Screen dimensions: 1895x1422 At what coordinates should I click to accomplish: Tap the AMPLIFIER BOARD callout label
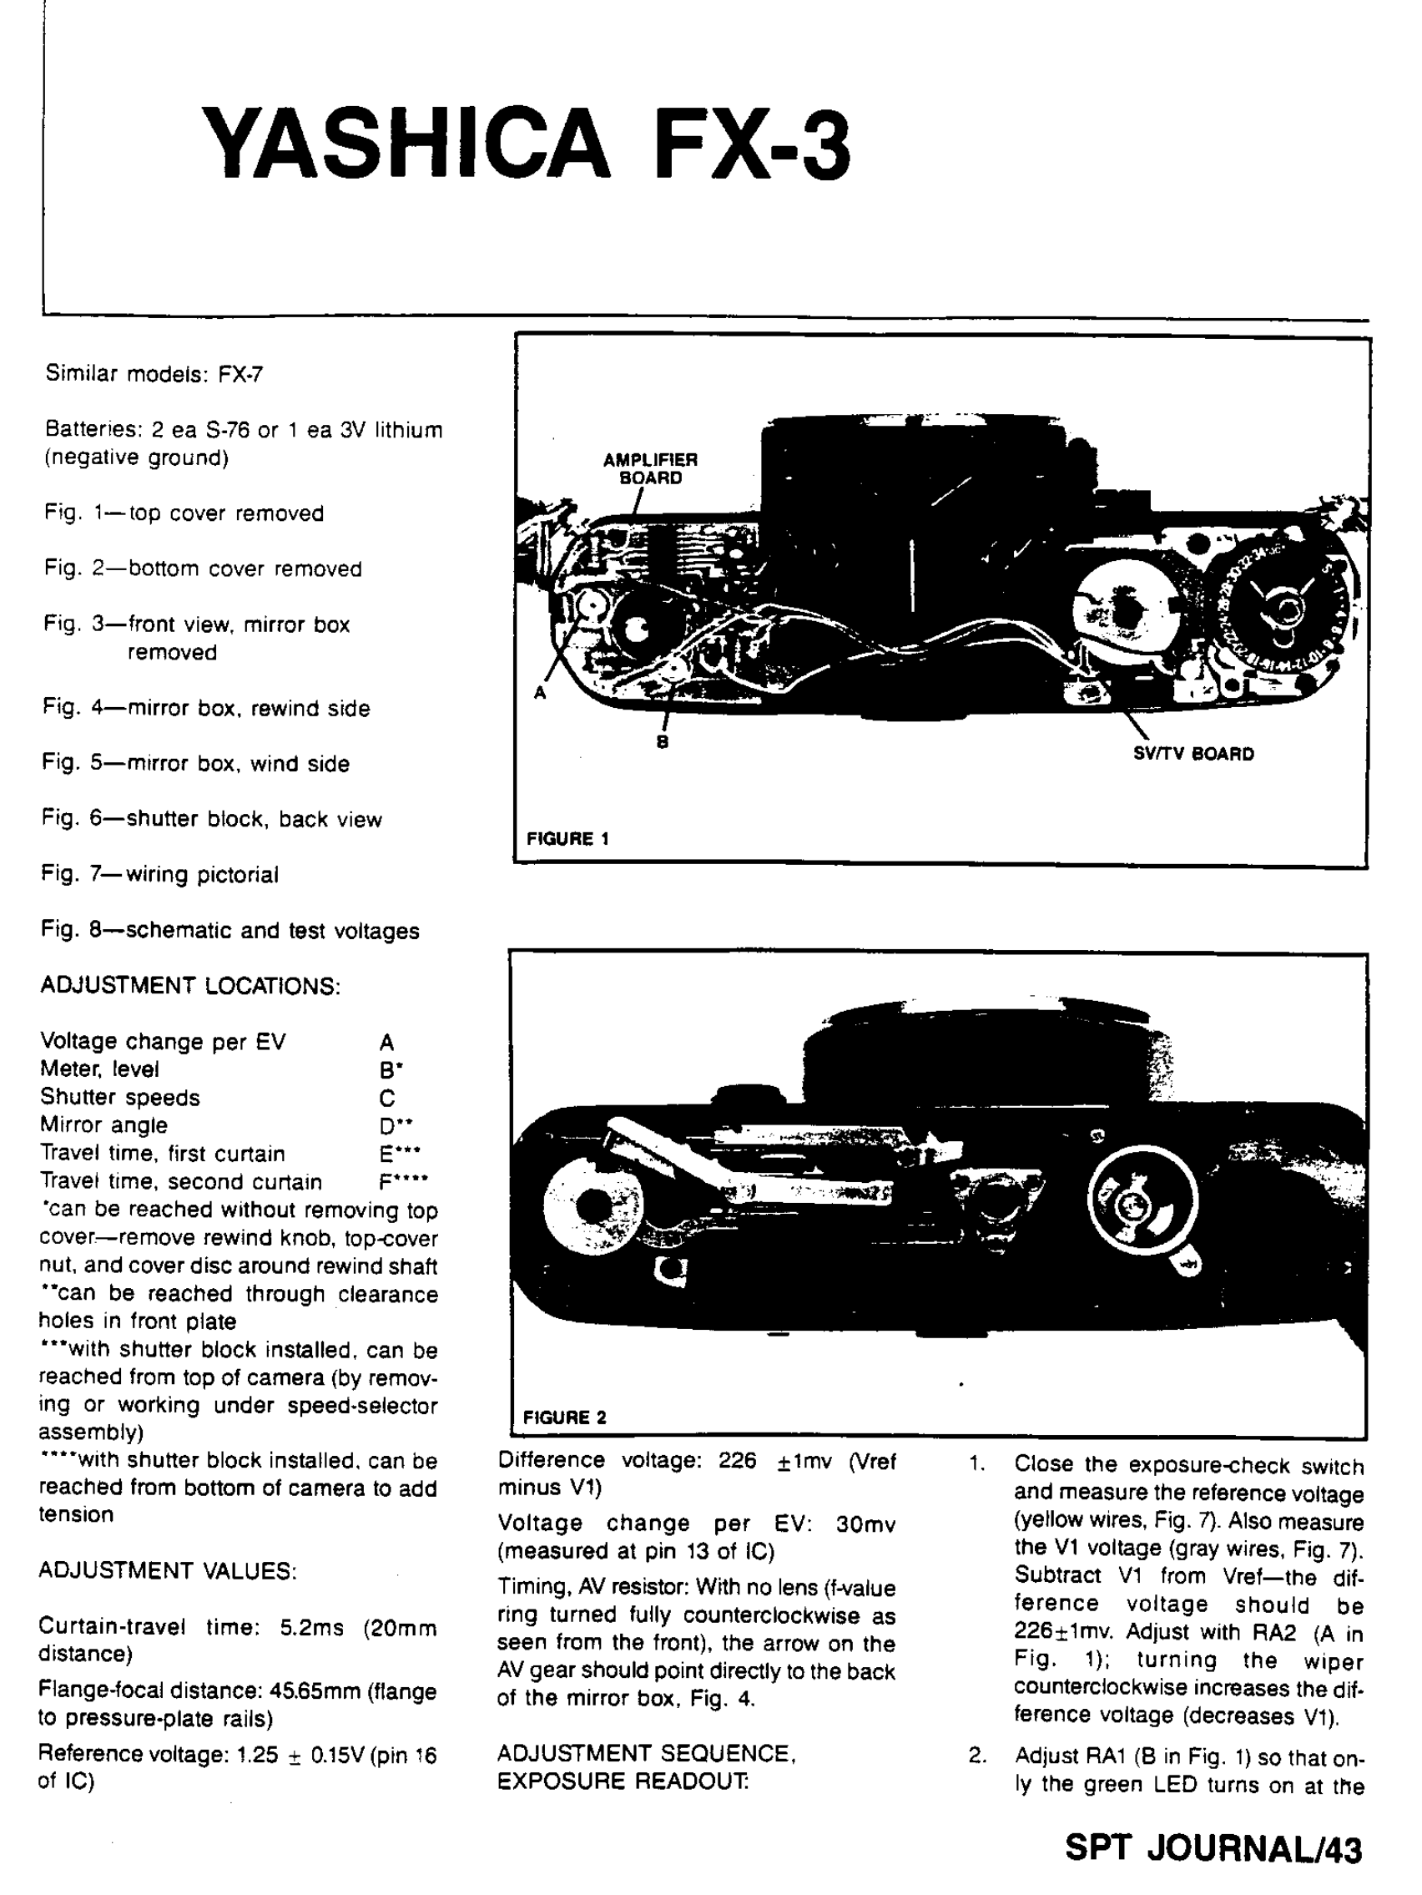pos(650,468)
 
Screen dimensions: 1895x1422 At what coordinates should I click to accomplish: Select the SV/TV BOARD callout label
pos(1193,754)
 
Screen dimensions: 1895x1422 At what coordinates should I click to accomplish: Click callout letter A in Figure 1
pos(540,692)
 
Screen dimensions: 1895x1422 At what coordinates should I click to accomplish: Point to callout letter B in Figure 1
pos(662,743)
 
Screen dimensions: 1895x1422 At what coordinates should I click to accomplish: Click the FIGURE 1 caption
pos(567,839)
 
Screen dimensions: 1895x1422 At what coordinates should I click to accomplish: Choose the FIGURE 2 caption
pos(564,1417)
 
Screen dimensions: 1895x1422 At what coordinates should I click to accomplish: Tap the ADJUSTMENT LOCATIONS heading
pos(190,986)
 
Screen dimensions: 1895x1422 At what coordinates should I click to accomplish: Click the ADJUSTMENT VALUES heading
pos(168,1570)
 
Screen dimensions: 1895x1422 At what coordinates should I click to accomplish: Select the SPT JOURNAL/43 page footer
pos(1213,1848)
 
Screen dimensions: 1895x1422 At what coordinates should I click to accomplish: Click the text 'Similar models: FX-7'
pos(154,374)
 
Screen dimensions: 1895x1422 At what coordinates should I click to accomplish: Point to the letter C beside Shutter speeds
pos(387,1099)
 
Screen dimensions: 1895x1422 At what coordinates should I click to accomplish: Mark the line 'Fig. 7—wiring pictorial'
pos(160,875)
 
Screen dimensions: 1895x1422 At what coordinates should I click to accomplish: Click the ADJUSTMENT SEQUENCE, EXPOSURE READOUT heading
pos(646,1767)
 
